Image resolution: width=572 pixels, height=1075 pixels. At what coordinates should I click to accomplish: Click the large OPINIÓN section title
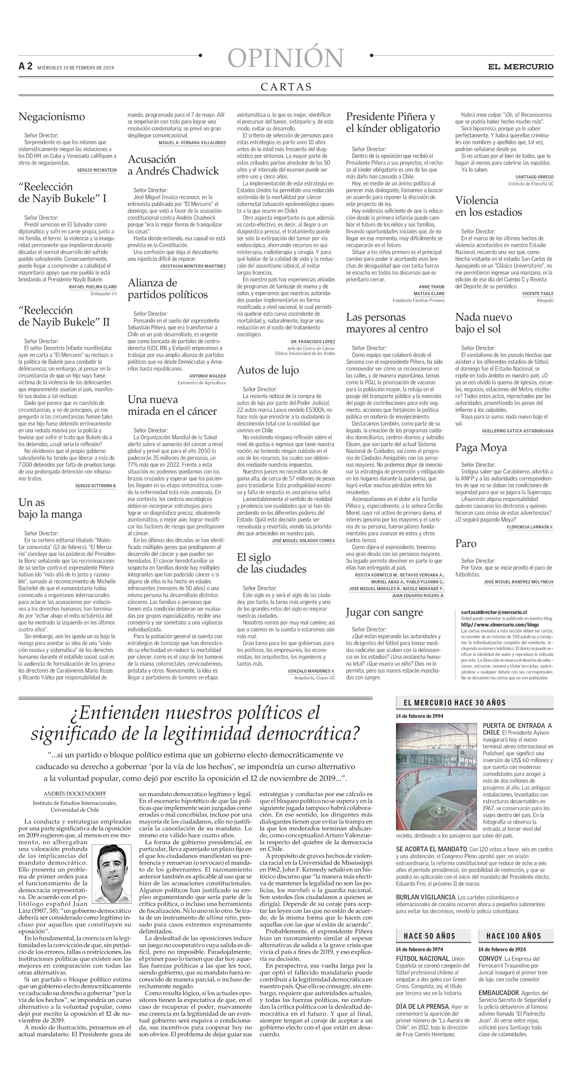[x=286, y=58]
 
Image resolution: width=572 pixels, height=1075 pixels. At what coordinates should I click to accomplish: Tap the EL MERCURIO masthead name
[x=521, y=67]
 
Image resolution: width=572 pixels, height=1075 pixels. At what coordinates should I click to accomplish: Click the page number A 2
[x=25, y=66]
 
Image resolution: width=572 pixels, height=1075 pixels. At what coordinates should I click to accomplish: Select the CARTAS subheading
[x=286, y=87]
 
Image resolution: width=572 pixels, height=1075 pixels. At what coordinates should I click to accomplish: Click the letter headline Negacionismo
[x=52, y=117]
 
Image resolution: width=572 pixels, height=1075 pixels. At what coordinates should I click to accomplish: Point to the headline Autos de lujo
[x=268, y=370]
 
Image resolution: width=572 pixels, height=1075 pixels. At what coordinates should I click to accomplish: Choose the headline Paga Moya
[x=481, y=448]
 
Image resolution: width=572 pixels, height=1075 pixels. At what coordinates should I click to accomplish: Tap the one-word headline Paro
[x=466, y=544]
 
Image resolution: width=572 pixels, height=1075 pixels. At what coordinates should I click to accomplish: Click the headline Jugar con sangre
[x=384, y=612]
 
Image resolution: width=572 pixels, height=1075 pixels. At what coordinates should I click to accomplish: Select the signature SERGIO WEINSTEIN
[x=97, y=170]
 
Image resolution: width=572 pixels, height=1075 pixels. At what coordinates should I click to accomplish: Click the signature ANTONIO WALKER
[x=207, y=376]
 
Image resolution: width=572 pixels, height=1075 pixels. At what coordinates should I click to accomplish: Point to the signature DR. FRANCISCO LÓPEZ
[x=313, y=341]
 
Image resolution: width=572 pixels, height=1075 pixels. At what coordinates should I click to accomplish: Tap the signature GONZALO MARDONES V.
[x=311, y=671]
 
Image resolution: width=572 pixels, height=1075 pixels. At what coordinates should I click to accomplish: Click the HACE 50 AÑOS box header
[x=429, y=936]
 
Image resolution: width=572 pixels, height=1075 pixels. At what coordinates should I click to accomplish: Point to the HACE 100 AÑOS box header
[x=514, y=936]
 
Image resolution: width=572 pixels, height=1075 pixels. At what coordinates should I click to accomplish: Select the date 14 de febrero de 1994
[x=419, y=716]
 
